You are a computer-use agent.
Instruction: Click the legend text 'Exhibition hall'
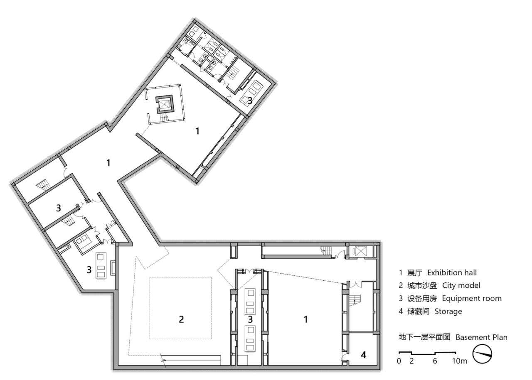click(x=452, y=273)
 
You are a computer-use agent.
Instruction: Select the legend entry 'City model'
click(x=461, y=285)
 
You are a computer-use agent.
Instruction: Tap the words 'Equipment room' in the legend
click(x=472, y=298)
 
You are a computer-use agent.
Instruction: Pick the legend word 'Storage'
click(x=448, y=311)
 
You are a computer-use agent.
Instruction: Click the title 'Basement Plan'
click(x=481, y=337)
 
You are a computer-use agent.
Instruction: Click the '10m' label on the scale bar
click(x=460, y=361)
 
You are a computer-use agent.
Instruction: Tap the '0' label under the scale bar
click(x=399, y=361)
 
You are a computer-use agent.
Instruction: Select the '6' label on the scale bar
click(x=435, y=361)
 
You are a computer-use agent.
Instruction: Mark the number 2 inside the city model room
click(x=181, y=319)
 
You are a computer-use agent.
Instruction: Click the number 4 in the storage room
click(x=363, y=355)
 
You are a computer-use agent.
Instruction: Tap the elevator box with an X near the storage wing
click(x=359, y=251)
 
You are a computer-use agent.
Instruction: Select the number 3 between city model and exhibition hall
click(x=250, y=319)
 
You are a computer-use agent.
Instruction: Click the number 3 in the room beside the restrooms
click(x=250, y=100)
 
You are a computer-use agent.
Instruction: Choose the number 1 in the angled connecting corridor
click(x=108, y=163)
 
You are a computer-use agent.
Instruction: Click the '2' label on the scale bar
click(x=411, y=361)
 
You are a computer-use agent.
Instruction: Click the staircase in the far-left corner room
click(x=42, y=184)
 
